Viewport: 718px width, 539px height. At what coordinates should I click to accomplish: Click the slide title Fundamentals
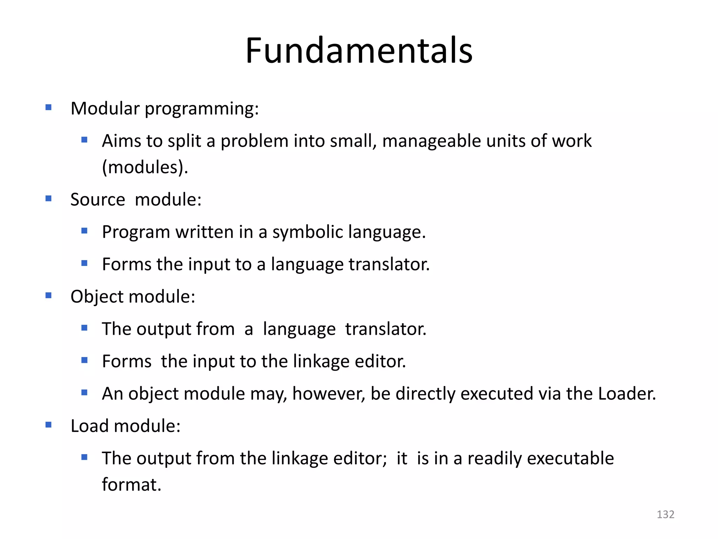(359, 51)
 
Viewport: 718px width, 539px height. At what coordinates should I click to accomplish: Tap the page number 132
(665, 514)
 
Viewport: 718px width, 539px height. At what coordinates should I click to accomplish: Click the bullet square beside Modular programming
(48, 107)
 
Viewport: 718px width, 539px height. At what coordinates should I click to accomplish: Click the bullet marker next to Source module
(48, 199)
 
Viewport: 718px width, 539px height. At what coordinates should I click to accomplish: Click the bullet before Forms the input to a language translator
(84, 263)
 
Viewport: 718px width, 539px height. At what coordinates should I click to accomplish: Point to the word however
(328, 394)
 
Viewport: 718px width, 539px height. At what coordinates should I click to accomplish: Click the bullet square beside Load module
(48, 425)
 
